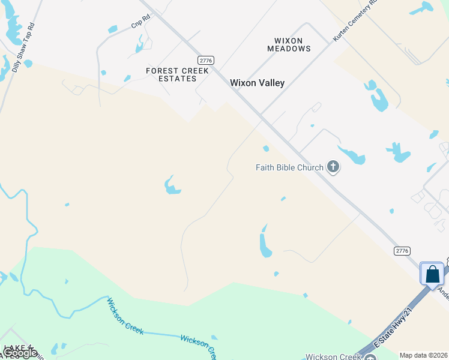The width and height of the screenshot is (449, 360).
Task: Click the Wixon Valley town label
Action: tap(257, 83)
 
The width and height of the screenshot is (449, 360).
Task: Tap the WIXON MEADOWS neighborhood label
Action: tap(292, 44)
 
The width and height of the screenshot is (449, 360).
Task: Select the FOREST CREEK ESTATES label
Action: tap(178, 74)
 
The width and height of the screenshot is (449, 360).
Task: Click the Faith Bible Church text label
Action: tap(289, 167)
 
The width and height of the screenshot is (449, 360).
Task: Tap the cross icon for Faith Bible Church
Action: tap(333, 167)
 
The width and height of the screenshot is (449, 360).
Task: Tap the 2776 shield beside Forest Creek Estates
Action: tap(206, 60)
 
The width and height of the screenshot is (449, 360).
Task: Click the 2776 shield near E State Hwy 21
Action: tap(402, 250)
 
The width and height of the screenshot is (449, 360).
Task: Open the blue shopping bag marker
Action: tap(432, 275)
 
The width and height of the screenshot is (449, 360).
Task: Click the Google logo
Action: tap(20, 353)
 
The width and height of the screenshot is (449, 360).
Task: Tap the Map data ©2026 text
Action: tap(424, 355)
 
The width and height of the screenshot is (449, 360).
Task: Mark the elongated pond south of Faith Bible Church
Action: tap(265, 243)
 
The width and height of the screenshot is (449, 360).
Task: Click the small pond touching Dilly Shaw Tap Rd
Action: tap(28, 64)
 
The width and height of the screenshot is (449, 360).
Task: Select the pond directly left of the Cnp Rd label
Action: tap(112, 29)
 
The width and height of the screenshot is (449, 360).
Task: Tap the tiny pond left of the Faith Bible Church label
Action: tap(265, 149)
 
